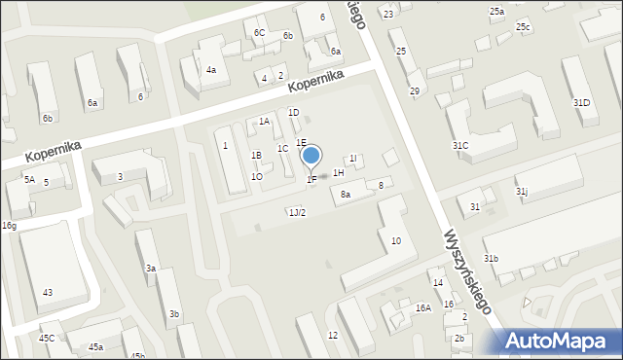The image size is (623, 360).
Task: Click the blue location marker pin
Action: (311, 157)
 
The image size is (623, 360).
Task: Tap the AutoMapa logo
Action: (559, 340)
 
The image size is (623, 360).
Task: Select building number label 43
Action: (47, 292)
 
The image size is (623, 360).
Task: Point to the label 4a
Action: (210, 70)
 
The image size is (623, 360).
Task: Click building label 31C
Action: (460, 145)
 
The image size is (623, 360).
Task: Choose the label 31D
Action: (581, 102)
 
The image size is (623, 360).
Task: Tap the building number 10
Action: (395, 240)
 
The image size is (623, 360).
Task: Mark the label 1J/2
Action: (297, 212)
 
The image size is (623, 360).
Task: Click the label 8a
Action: (345, 195)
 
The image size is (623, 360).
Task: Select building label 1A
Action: (264, 122)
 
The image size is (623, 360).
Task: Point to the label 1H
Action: (339, 172)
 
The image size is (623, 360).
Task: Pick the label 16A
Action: (422, 307)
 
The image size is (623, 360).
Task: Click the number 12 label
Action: (333, 335)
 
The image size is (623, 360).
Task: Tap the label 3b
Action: (173, 313)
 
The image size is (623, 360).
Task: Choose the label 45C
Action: (47, 338)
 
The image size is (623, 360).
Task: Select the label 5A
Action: (29, 179)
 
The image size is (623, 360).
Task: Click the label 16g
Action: (9, 226)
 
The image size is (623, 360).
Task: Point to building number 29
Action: (414, 91)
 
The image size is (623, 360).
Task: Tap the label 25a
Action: (496, 11)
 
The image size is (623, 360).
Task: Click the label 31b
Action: (492, 258)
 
